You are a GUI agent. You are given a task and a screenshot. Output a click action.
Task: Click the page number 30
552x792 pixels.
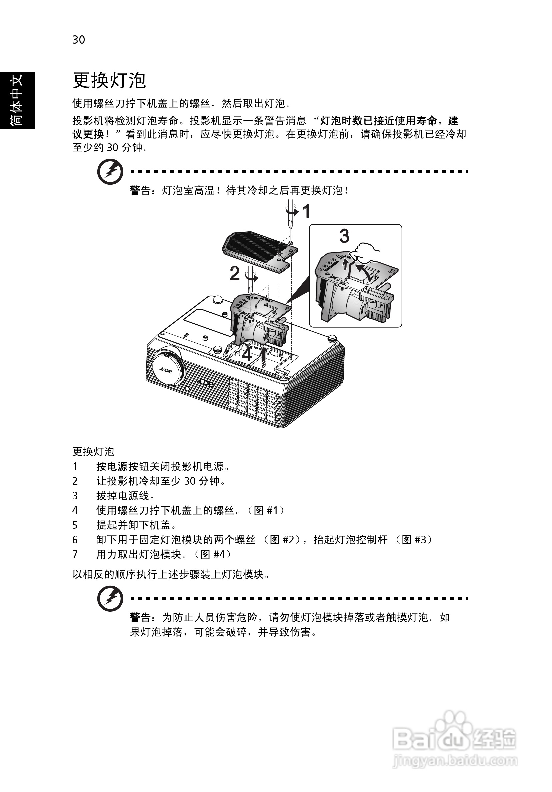click(x=78, y=40)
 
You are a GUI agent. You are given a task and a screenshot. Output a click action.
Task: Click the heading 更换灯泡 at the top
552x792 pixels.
click(x=109, y=81)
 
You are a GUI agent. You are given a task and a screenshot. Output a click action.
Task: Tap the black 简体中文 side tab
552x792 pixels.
click(x=17, y=100)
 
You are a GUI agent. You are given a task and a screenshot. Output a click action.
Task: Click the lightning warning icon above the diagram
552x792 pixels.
click(x=110, y=171)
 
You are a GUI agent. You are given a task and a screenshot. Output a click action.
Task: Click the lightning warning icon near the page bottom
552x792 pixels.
click(x=110, y=598)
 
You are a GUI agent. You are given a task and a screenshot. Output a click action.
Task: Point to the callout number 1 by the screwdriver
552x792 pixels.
click(x=306, y=211)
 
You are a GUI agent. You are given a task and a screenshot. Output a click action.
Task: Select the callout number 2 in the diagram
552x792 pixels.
click(x=235, y=274)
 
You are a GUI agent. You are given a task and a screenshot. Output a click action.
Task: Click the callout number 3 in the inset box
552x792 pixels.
click(x=344, y=236)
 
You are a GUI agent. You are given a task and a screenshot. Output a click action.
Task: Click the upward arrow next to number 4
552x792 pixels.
click(x=264, y=358)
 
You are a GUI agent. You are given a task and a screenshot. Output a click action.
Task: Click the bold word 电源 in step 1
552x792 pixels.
click(x=117, y=467)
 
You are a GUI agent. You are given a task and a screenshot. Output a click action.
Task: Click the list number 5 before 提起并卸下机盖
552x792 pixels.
click(x=75, y=525)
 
